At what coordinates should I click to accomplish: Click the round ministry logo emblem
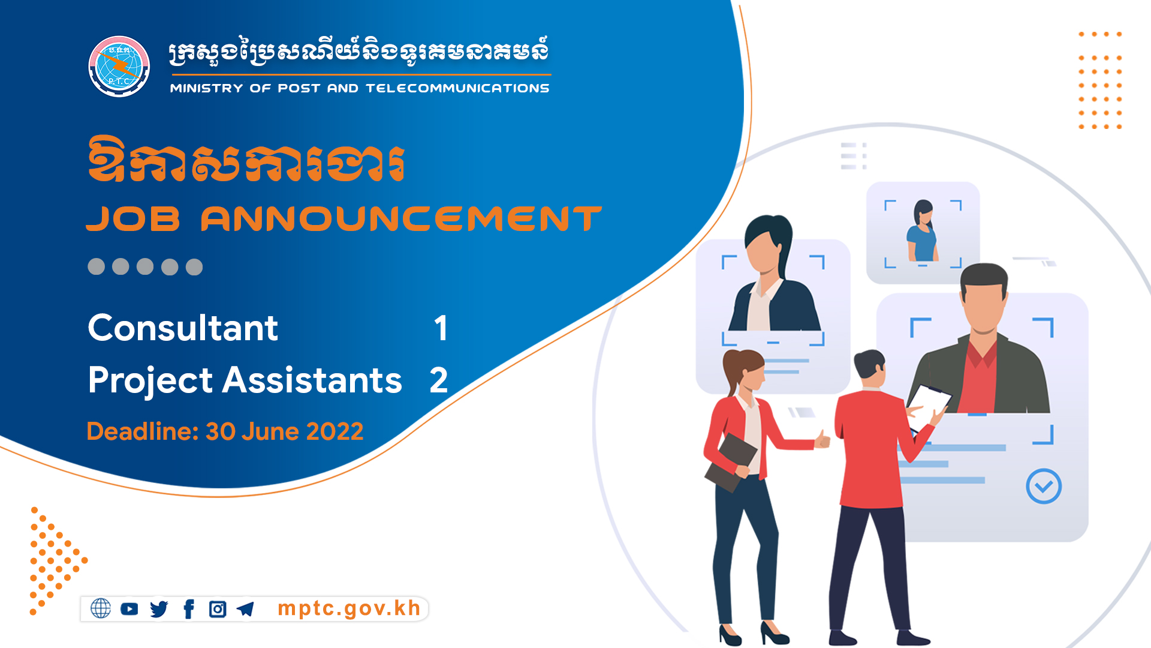click(x=119, y=66)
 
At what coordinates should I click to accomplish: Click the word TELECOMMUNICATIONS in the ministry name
click(x=457, y=88)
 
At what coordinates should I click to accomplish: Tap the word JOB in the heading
click(x=133, y=218)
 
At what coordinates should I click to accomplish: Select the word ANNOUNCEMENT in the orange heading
click(x=401, y=218)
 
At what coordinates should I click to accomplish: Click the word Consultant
click(x=183, y=328)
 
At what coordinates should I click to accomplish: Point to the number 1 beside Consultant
click(x=441, y=328)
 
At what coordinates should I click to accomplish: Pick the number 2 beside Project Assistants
click(x=439, y=380)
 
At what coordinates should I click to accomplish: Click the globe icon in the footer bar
click(x=101, y=608)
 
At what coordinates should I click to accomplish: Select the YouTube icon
click(x=129, y=609)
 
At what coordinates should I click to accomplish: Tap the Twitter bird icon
click(x=159, y=609)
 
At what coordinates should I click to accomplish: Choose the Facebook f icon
click(x=189, y=609)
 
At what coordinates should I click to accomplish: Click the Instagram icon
click(x=218, y=609)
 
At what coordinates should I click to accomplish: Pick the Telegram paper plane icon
click(x=246, y=609)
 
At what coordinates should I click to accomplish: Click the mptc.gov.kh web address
click(x=349, y=608)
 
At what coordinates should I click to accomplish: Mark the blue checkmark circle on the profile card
click(x=1044, y=486)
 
